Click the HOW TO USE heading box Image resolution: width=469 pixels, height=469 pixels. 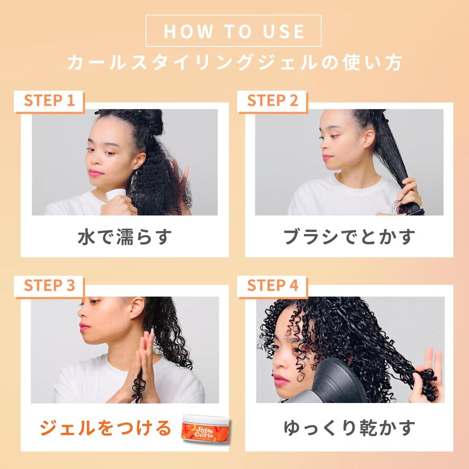(234, 31)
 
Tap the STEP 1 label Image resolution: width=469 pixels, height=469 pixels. (49, 101)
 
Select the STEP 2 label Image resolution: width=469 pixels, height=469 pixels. (273, 101)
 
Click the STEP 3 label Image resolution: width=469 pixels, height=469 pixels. (49, 285)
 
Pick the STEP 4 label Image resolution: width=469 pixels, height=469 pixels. (273, 285)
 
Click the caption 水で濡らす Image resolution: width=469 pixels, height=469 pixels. (125, 237)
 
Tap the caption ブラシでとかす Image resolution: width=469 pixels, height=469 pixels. (349, 237)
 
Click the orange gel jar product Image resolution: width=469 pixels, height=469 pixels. (205, 427)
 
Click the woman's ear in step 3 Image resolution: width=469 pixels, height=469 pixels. (136, 308)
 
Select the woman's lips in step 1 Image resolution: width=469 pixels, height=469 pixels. (96, 173)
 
